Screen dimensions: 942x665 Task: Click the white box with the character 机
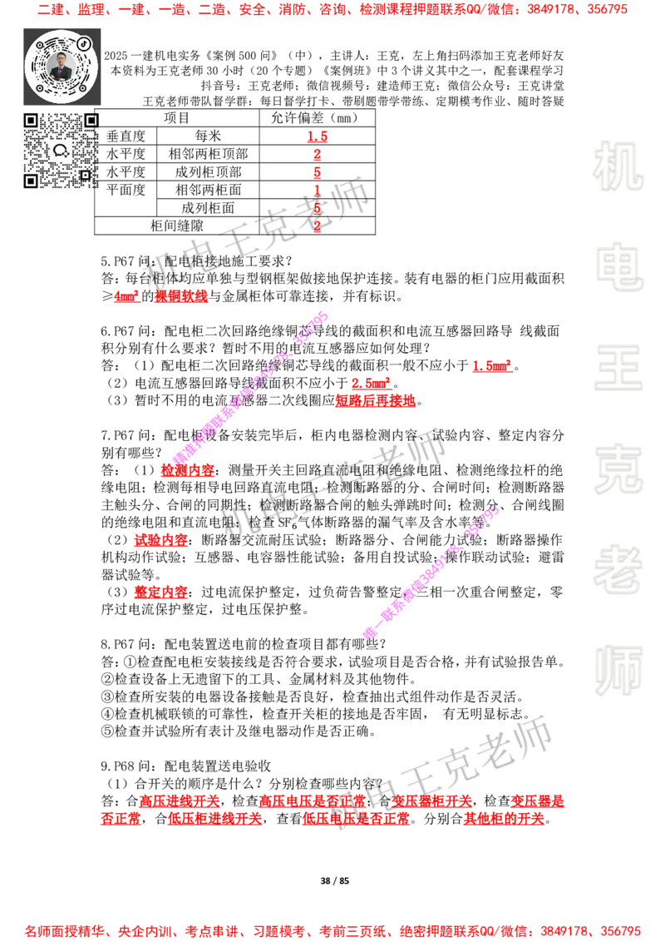coord(618,166)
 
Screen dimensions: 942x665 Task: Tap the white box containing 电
coord(621,265)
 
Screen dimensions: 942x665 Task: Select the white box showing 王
coord(618,369)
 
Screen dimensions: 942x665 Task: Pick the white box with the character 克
coord(618,469)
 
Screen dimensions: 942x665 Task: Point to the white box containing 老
coord(618,568)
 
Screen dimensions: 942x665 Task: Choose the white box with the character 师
coord(618,672)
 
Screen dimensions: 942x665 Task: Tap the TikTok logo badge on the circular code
coord(84,43)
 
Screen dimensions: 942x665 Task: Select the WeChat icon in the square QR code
coord(61,151)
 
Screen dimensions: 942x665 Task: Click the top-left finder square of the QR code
coord(31,121)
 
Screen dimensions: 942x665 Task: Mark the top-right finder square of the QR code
coord(91,121)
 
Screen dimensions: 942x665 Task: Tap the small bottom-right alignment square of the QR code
coord(85,175)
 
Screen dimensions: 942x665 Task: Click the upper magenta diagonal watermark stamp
coord(249,388)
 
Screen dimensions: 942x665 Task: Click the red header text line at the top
coord(332,10)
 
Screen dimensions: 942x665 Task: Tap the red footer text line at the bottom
coord(332,930)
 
